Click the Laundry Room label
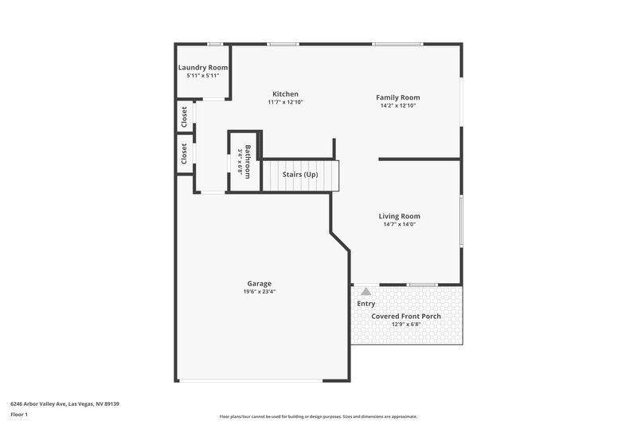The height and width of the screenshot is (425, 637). coord(202,68)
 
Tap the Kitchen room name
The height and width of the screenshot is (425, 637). coord(285,94)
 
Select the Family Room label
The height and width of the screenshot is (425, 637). coord(397,98)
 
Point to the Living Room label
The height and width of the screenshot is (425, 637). coord(399,216)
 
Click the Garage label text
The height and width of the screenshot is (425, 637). coord(259,283)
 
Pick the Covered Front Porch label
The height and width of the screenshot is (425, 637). coord(406,316)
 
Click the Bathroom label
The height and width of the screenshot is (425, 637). coord(248,162)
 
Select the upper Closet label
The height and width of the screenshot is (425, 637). coord(185,116)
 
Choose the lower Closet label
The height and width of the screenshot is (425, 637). coord(185,153)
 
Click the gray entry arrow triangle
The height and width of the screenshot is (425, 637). coord(365,292)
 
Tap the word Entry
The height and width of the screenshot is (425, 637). coord(365,304)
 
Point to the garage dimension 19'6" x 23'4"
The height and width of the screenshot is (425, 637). coord(259,292)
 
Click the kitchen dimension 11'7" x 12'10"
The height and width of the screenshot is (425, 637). coord(285,103)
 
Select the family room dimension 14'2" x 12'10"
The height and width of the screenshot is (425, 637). coord(397,106)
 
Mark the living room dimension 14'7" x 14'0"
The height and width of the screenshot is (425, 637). coord(399,224)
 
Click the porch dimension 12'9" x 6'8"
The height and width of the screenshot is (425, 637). coord(406,325)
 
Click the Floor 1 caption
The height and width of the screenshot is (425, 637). coord(19,415)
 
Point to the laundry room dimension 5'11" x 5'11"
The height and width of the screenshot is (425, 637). coord(202,76)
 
